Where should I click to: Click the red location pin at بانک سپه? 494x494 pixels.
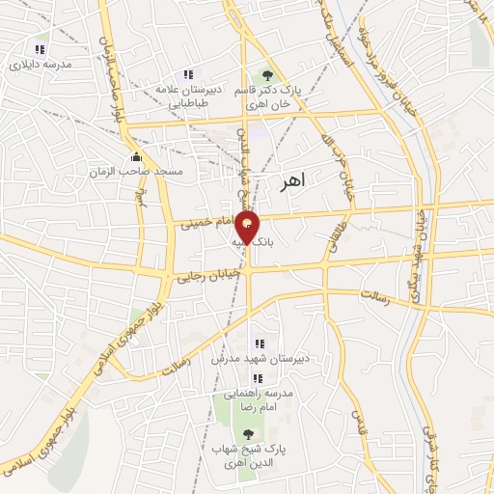248,230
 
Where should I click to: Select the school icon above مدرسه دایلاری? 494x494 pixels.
40,49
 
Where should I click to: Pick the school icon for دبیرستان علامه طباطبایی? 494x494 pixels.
188,74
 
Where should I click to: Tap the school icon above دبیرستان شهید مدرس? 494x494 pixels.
258,343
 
